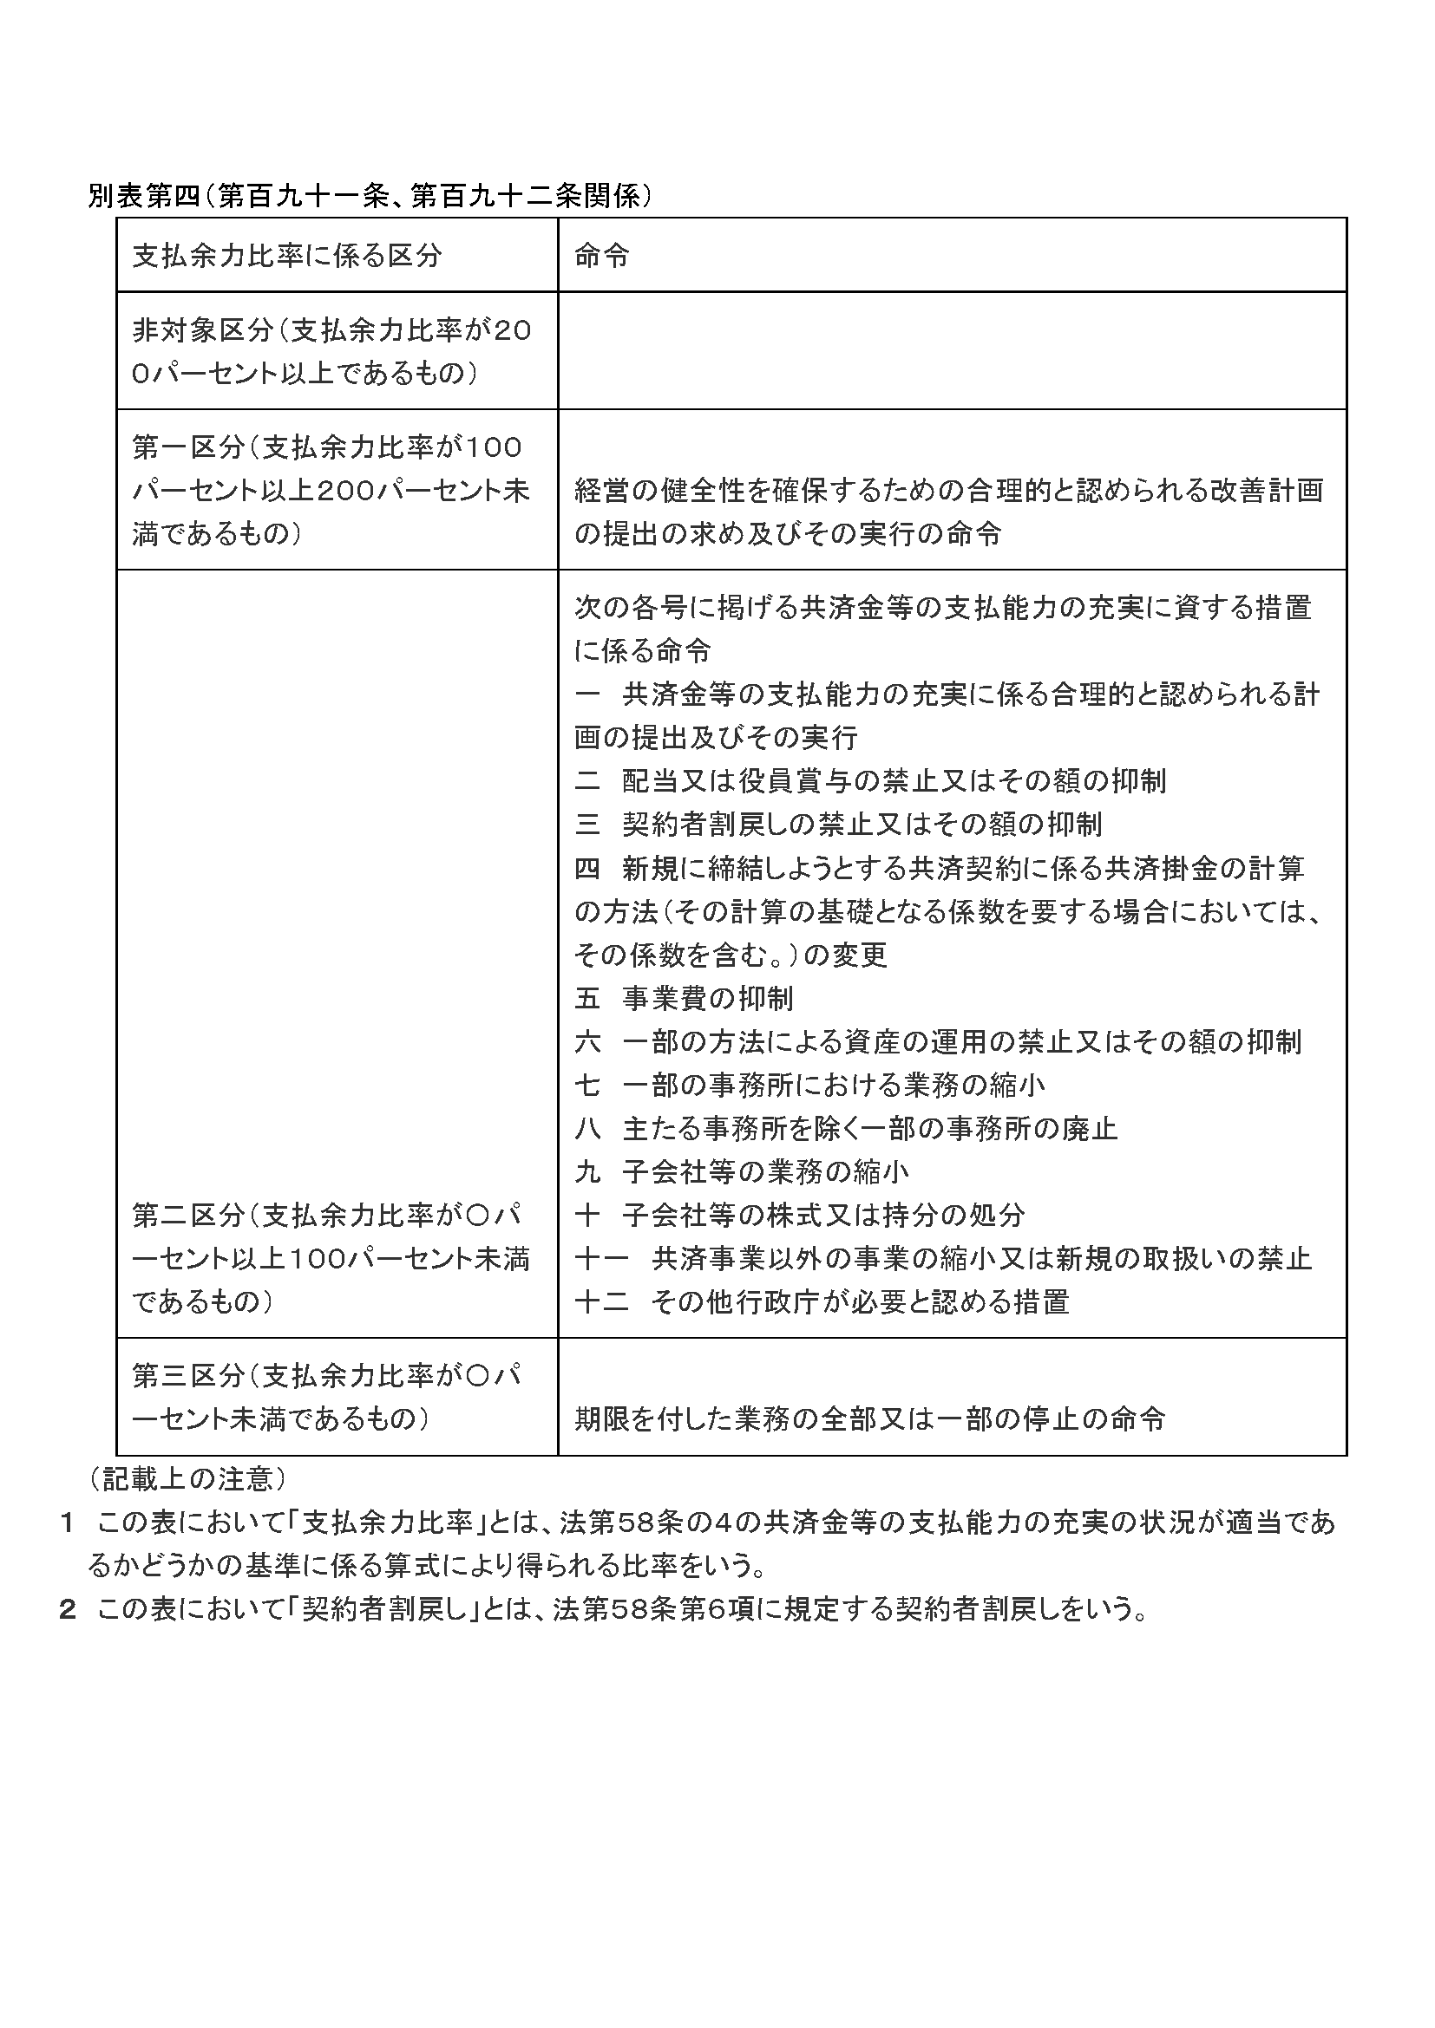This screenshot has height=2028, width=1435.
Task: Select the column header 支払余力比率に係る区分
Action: pyautogui.click(x=286, y=256)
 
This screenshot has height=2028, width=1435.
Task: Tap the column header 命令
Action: pyautogui.click(x=602, y=256)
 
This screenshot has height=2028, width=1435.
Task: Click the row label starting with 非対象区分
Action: pyautogui.click(x=331, y=351)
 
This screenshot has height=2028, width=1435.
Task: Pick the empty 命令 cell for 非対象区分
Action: pyautogui.click(x=952, y=350)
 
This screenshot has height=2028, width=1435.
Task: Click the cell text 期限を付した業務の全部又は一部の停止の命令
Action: pyautogui.click(x=869, y=1418)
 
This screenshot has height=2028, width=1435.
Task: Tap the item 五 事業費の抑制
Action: pyautogui.click(x=684, y=998)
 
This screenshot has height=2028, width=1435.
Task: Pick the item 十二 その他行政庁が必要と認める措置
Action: pyautogui.click(x=822, y=1302)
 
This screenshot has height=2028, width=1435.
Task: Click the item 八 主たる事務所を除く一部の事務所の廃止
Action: pyautogui.click(x=846, y=1128)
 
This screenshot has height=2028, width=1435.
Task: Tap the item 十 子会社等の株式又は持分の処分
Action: pyautogui.click(x=800, y=1216)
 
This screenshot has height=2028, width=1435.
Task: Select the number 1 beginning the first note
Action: pyautogui.click(x=65, y=1523)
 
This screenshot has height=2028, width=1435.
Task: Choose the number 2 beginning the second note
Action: pyautogui.click(x=66, y=1609)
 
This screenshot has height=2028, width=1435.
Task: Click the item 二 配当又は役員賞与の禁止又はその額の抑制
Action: pyautogui.click(x=869, y=781)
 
